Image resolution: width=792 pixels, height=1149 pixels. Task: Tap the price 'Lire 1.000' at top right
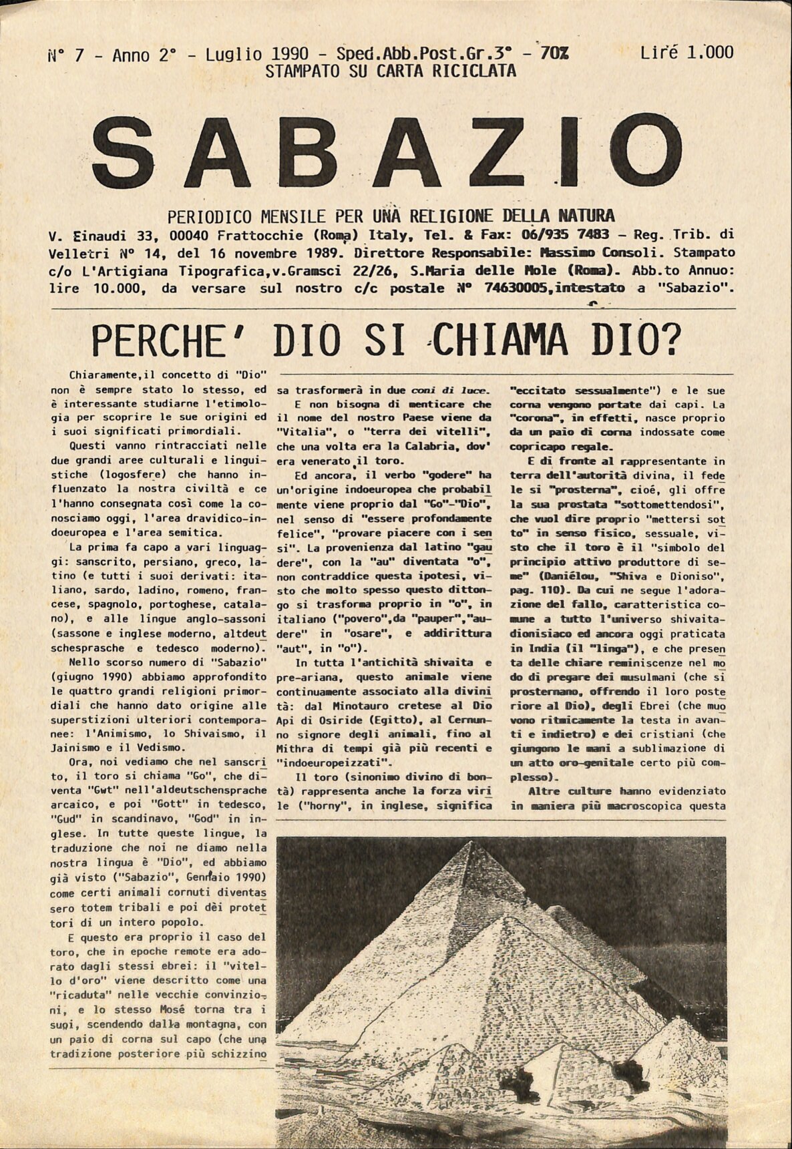point(686,52)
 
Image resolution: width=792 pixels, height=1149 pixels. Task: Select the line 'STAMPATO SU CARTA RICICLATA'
point(391,71)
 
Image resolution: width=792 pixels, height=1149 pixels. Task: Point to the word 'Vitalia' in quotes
point(301,432)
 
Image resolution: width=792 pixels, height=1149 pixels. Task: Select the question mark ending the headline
point(668,341)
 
